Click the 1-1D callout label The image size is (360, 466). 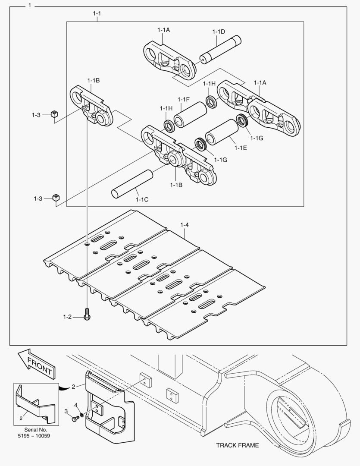(x=219, y=31)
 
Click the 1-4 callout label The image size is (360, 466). (x=185, y=225)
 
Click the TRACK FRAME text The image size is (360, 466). (x=238, y=445)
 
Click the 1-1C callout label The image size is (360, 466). (x=142, y=200)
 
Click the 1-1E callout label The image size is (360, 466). (x=241, y=148)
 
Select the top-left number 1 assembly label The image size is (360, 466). (x=29, y=6)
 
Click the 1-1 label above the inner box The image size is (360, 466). (x=97, y=14)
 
